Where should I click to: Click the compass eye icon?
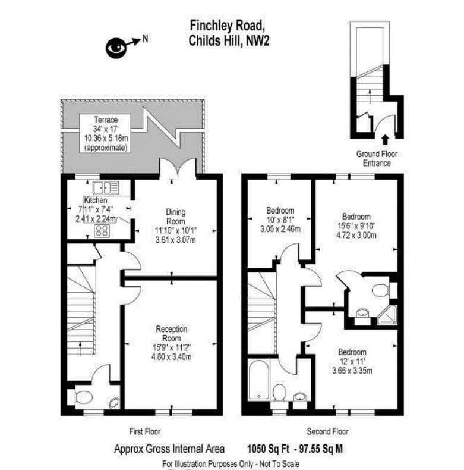(x=116, y=46)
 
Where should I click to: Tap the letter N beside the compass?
(x=145, y=40)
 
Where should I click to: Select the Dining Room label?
(x=176, y=215)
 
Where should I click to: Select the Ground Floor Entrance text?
(x=377, y=158)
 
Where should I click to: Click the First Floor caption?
(x=144, y=431)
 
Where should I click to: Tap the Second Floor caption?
(x=327, y=431)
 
